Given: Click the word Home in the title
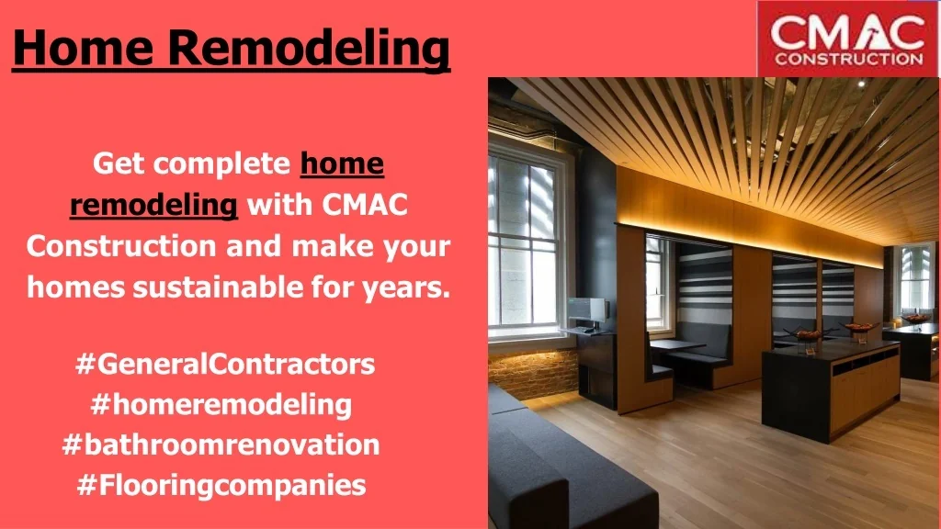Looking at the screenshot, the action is [x=82, y=47].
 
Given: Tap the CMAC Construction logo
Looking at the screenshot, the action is [x=848, y=39].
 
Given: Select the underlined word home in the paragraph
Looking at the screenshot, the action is [x=342, y=163].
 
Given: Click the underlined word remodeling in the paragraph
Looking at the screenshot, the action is [x=153, y=205].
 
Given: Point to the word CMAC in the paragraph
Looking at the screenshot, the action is [x=365, y=205].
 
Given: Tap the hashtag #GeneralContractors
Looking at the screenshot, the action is [x=225, y=364].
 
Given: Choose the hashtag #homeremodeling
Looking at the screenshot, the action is [x=221, y=404].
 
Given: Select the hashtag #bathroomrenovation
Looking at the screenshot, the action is [x=221, y=445].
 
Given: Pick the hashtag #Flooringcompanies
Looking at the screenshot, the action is [x=221, y=485].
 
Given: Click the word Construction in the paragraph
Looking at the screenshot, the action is [x=121, y=246].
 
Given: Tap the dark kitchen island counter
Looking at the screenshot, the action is [x=832, y=387].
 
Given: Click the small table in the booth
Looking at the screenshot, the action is [x=677, y=344].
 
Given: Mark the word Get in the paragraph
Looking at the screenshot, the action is [x=119, y=163].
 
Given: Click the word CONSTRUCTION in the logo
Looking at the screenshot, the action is [x=848, y=59].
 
